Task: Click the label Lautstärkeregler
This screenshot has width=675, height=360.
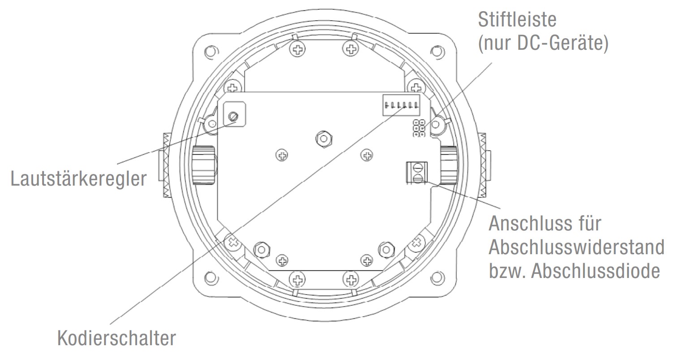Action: tap(78, 179)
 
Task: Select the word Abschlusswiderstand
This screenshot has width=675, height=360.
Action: tap(576, 247)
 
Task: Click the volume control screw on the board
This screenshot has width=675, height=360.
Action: tap(233, 117)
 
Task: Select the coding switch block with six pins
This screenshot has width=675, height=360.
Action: tap(402, 106)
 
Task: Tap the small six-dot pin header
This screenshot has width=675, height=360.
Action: tap(420, 128)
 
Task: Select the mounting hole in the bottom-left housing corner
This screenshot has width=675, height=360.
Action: tap(209, 276)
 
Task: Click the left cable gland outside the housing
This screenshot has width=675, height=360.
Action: tap(164, 165)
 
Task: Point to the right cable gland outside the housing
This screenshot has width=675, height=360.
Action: tap(484, 165)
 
